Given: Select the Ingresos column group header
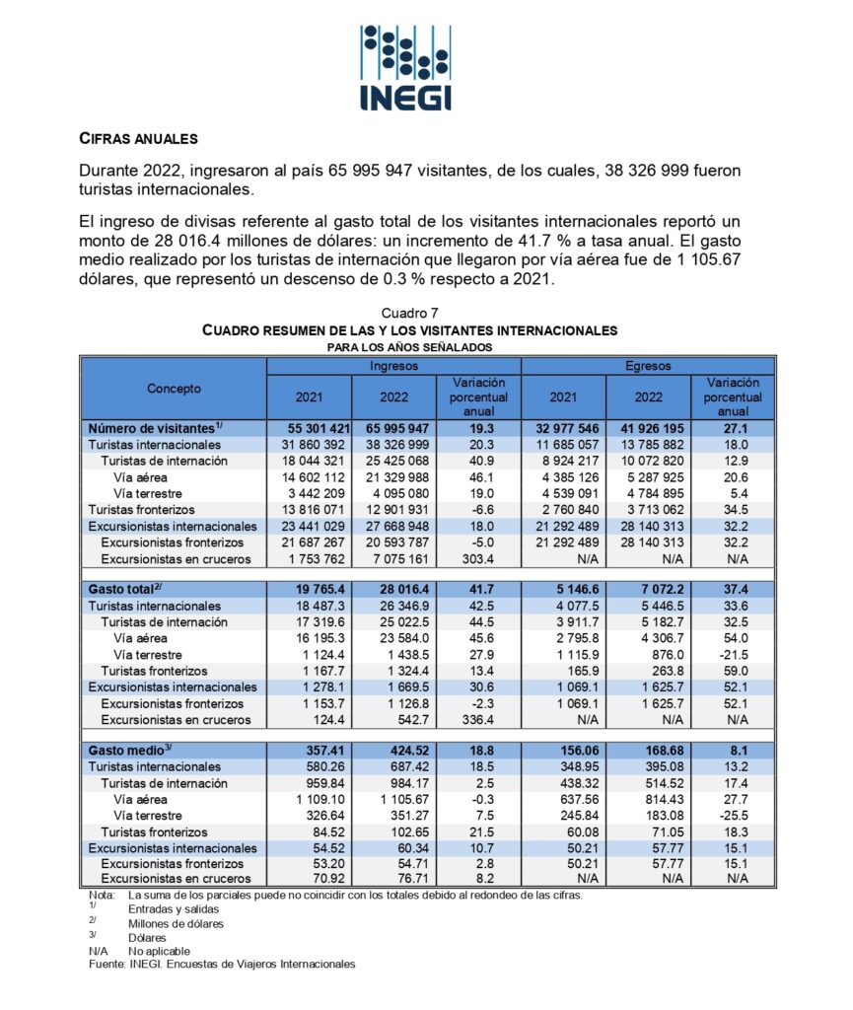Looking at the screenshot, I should [392, 365].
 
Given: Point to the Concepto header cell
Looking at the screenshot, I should [174, 389].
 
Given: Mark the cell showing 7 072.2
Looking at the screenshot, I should [649, 589].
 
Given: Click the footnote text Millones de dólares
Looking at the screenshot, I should [176, 924].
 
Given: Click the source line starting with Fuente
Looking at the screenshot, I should [222, 964].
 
